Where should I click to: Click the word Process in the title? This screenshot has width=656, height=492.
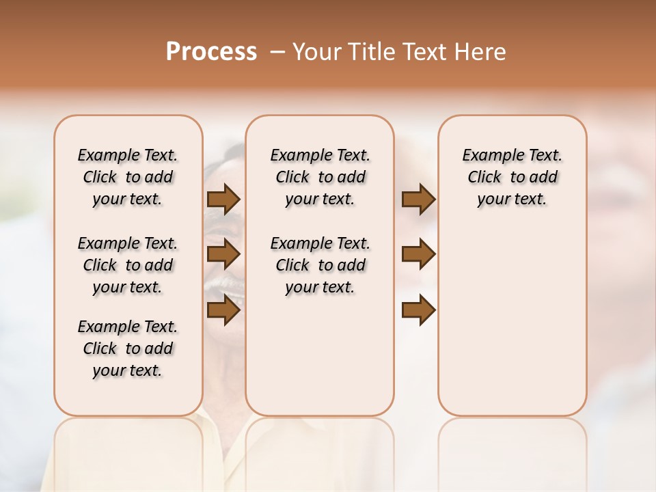(211, 52)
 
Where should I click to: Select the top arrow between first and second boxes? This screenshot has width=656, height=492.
(223, 200)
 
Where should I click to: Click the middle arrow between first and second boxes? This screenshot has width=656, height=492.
(223, 255)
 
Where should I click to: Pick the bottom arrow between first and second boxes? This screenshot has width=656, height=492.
(223, 310)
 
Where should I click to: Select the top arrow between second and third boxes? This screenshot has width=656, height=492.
(418, 200)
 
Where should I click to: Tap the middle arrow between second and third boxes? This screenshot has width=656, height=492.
(418, 255)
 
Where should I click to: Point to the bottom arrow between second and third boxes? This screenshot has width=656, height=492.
(418, 310)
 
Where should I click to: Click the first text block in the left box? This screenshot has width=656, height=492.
(128, 177)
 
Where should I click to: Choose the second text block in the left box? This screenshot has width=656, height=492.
(128, 265)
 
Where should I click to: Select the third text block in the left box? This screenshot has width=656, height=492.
(128, 348)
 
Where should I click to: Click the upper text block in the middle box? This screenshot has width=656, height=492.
(320, 177)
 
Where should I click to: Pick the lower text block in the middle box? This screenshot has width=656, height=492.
(320, 265)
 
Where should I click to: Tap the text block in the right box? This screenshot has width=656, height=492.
(512, 177)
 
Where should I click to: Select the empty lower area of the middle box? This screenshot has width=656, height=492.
(320, 355)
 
